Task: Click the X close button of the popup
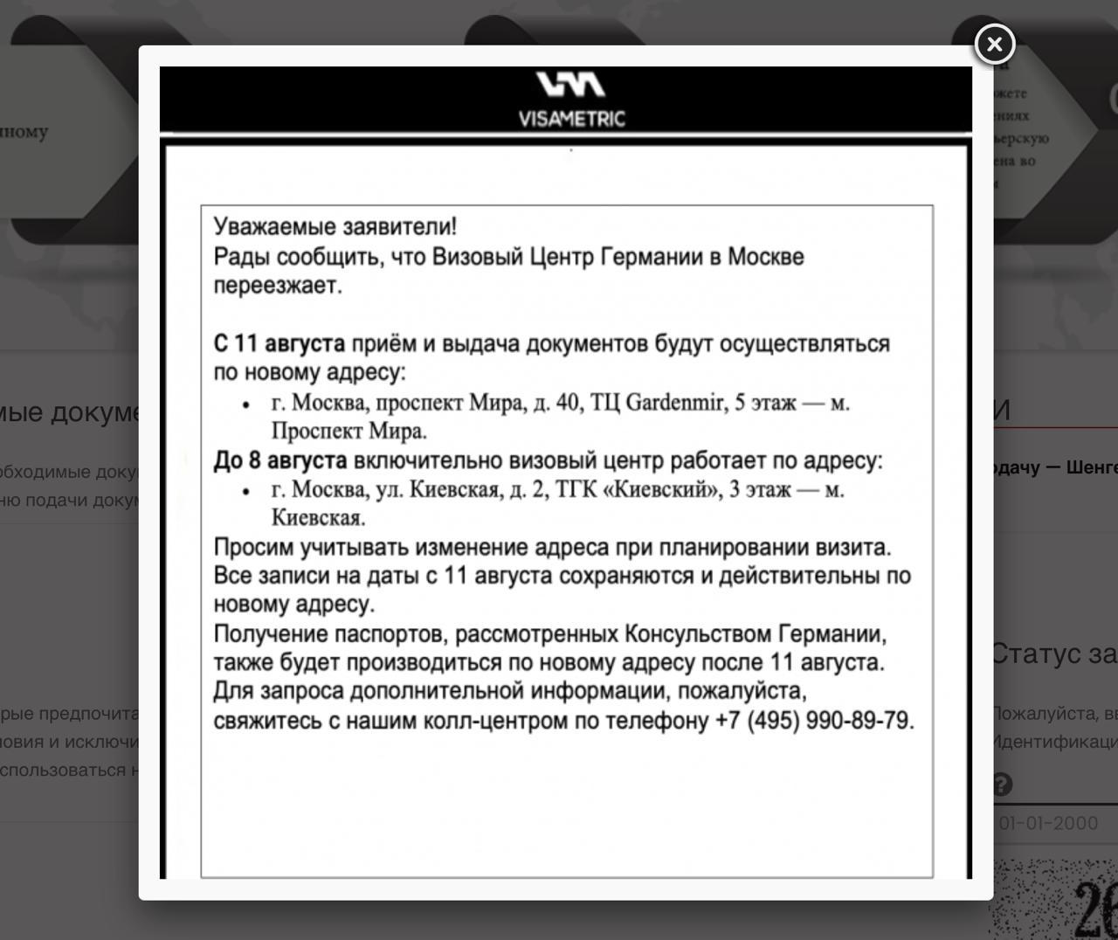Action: (994, 44)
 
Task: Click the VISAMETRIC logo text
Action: (571, 118)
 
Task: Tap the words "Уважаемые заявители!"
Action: (335, 227)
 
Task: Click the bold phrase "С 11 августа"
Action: (279, 343)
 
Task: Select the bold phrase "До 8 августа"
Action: (279, 460)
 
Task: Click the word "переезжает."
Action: (278, 286)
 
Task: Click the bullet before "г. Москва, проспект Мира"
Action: (246, 404)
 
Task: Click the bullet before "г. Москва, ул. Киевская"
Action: (246, 491)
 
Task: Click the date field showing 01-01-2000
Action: (1048, 823)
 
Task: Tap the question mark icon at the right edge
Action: (1002, 784)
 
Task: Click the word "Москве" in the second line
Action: (765, 257)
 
